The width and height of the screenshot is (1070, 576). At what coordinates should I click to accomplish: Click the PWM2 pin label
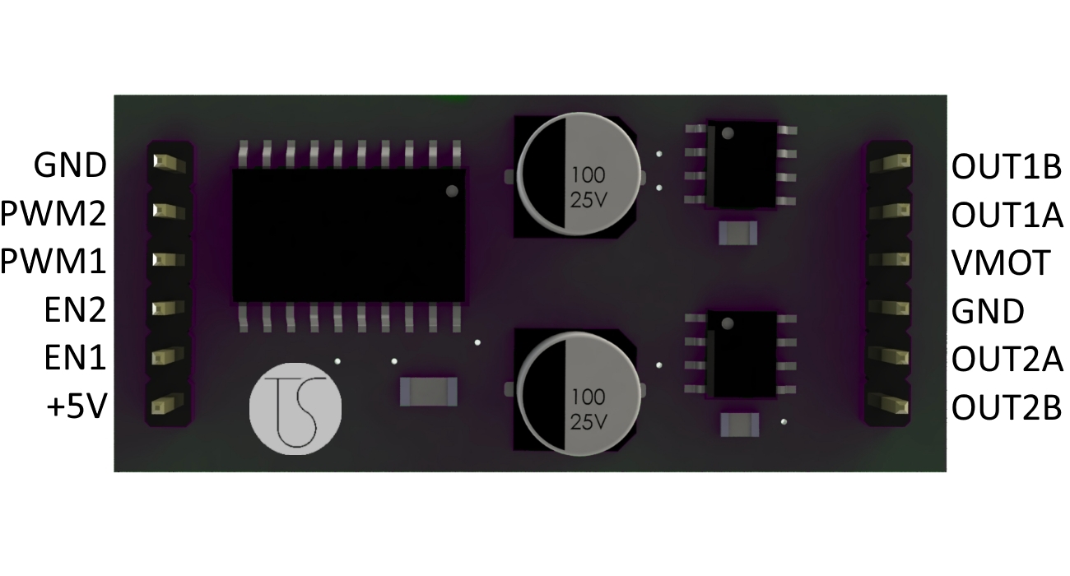tap(53, 213)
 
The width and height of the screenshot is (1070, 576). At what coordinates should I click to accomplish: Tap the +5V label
tap(77, 407)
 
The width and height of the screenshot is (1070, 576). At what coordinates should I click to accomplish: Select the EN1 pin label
tap(75, 358)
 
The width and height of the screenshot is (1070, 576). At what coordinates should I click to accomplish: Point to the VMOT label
tap(1001, 262)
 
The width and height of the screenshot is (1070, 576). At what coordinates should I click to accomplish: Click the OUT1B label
tap(1007, 167)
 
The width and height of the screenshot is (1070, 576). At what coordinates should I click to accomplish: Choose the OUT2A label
tap(1007, 359)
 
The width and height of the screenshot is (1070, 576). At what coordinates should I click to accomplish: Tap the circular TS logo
tap(295, 409)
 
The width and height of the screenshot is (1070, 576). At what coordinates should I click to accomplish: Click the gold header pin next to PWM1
tap(168, 259)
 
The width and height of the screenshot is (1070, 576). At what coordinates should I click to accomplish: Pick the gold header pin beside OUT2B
tap(888, 405)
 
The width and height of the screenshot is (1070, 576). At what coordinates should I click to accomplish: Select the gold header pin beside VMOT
tap(890, 259)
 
